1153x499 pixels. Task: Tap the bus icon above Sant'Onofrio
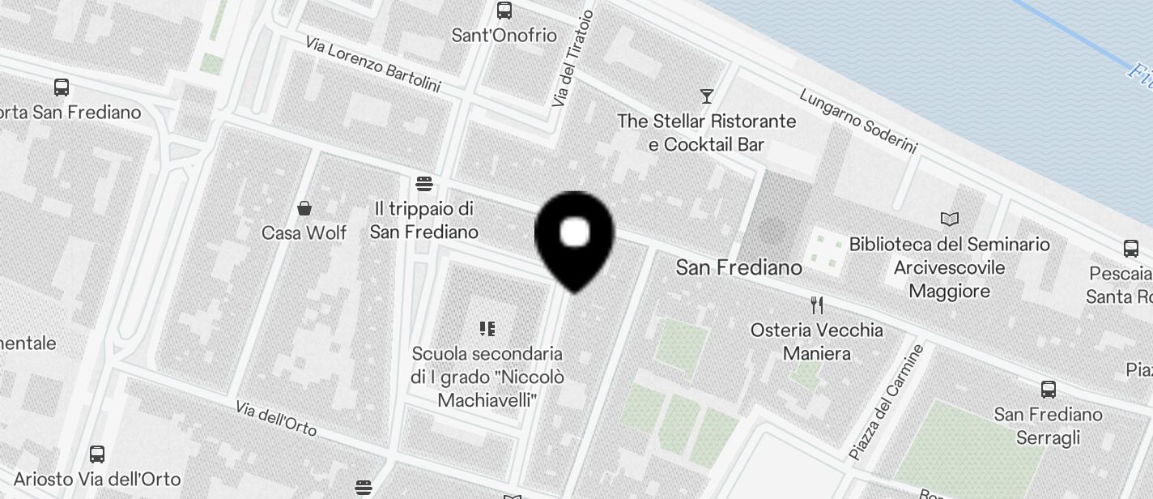[x=504, y=11]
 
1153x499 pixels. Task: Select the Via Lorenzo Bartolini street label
[x=372, y=63]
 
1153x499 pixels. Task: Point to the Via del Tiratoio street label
[x=572, y=59]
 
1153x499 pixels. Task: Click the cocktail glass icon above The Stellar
[x=707, y=96]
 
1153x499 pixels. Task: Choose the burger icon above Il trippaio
[x=423, y=183]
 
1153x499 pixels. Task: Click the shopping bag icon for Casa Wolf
[x=304, y=208]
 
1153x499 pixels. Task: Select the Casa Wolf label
[x=304, y=233]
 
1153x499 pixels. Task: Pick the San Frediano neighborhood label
[x=738, y=267]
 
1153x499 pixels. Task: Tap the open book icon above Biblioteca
[x=950, y=219]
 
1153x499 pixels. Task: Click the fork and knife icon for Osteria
[x=817, y=305]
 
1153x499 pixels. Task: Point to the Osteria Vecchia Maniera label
[x=816, y=342]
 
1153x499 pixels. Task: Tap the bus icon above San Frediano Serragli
[x=1049, y=390]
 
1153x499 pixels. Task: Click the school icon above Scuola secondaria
[x=487, y=328]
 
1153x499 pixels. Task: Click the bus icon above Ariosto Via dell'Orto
[x=97, y=454]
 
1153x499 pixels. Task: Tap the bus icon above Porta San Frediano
[x=61, y=87]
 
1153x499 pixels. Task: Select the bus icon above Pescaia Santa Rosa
[x=1130, y=249]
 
